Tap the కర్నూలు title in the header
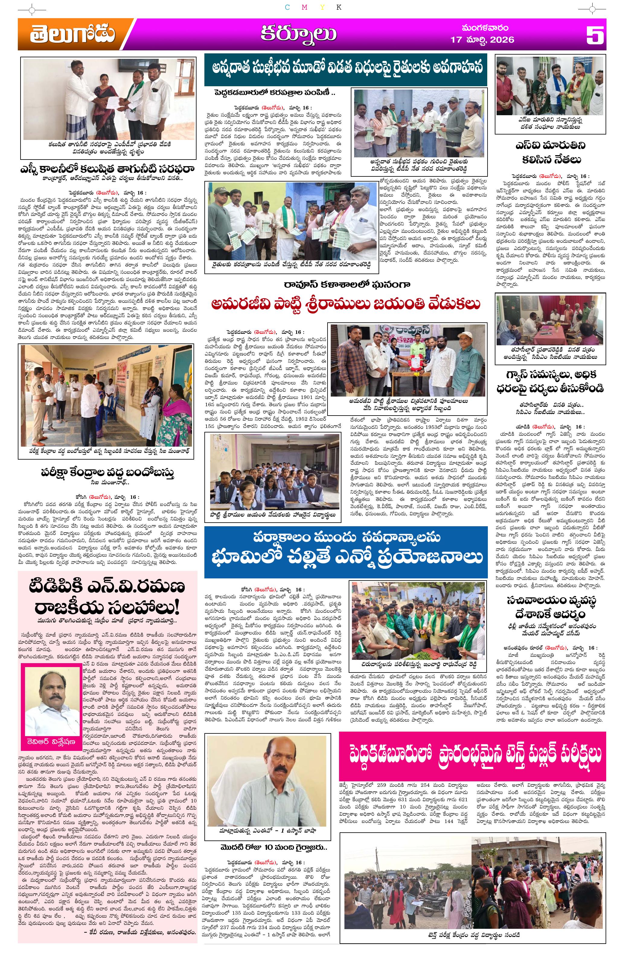click(298, 34)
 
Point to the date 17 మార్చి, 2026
click(482, 40)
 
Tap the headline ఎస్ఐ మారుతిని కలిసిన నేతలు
click(550, 152)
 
